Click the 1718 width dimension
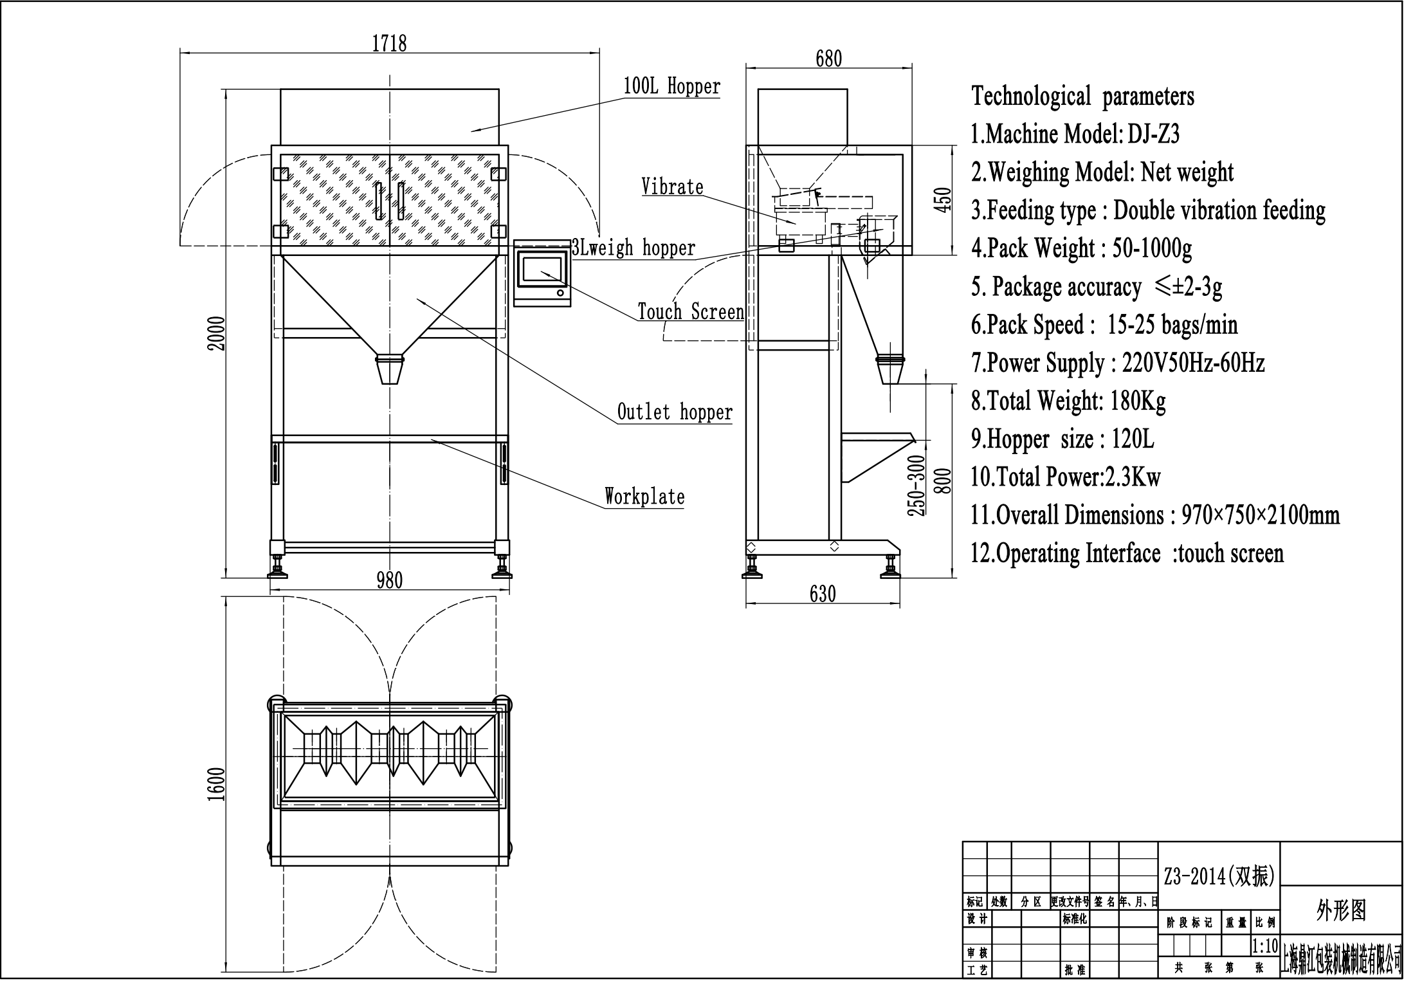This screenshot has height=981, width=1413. click(x=389, y=43)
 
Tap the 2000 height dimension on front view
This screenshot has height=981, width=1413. click(x=217, y=333)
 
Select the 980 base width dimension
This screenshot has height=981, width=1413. click(x=389, y=580)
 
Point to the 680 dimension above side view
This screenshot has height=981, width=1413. click(x=828, y=59)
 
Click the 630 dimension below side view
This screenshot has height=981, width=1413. click(x=823, y=594)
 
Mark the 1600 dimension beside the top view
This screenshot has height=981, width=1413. click(x=217, y=784)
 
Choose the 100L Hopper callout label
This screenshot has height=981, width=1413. click(x=672, y=86)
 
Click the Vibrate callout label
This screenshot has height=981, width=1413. click(x=672, y=187)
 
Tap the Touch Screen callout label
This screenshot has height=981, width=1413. click(x=691, y=312)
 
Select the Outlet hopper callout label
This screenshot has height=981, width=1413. click(x=675, y=412)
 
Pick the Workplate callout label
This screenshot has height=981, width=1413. click(x=644, y=497)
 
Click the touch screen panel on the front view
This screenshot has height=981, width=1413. click(x=542, y=273)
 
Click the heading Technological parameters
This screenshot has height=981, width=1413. click(x=1082, y=96)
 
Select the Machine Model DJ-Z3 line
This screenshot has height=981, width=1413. click(x=1075, y=134)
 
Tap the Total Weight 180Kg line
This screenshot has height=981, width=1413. click(x=1068, y=401)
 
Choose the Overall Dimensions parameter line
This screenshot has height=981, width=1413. click(x=1154, y=515)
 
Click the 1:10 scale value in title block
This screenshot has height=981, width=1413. click(x=1264, y=946)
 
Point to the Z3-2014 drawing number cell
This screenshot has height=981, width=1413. click(x=1219, y=876)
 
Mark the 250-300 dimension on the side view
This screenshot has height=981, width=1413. click(x=916, y=486)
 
